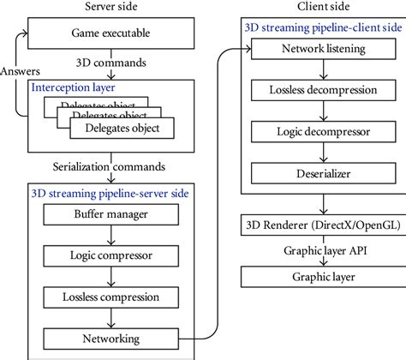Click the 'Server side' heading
pos(115,8)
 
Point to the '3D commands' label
pos(115,63)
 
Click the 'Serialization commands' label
pos(115,165)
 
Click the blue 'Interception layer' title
pos(74,87)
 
